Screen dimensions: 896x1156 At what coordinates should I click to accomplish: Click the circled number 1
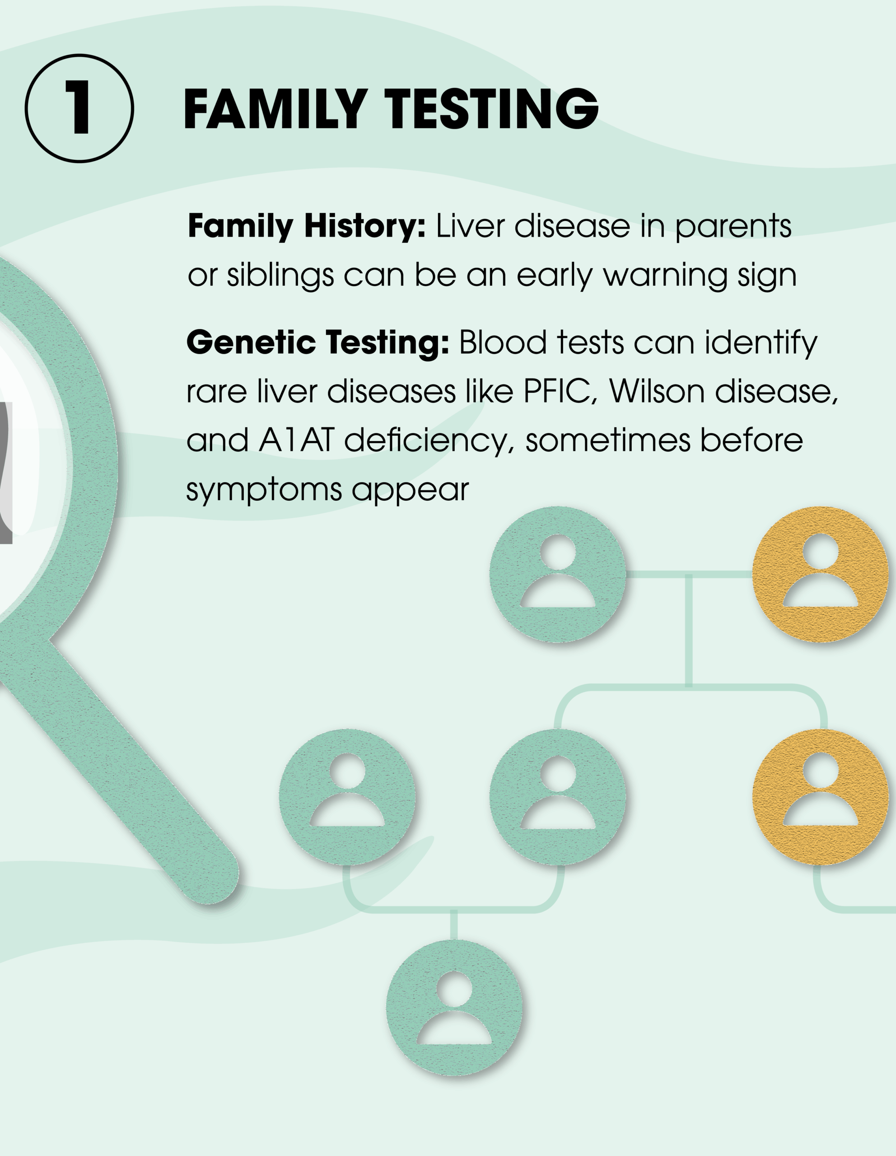point(79,108)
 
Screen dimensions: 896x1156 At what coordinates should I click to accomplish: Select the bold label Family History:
point(307,227)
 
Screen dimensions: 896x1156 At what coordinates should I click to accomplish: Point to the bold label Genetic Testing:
point(318,343)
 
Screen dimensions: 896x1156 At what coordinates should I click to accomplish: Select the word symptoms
point(264,490)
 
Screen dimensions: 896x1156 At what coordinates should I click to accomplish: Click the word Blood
point(503,343)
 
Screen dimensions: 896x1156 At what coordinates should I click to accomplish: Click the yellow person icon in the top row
point(820,575)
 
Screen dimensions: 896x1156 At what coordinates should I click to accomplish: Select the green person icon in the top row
point(558,575)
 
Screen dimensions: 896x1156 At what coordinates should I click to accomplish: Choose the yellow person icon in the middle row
point(820,797)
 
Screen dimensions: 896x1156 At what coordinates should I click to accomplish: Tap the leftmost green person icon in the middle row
point(347,797)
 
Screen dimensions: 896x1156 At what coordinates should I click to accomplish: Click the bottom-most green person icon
point(454,1008)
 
